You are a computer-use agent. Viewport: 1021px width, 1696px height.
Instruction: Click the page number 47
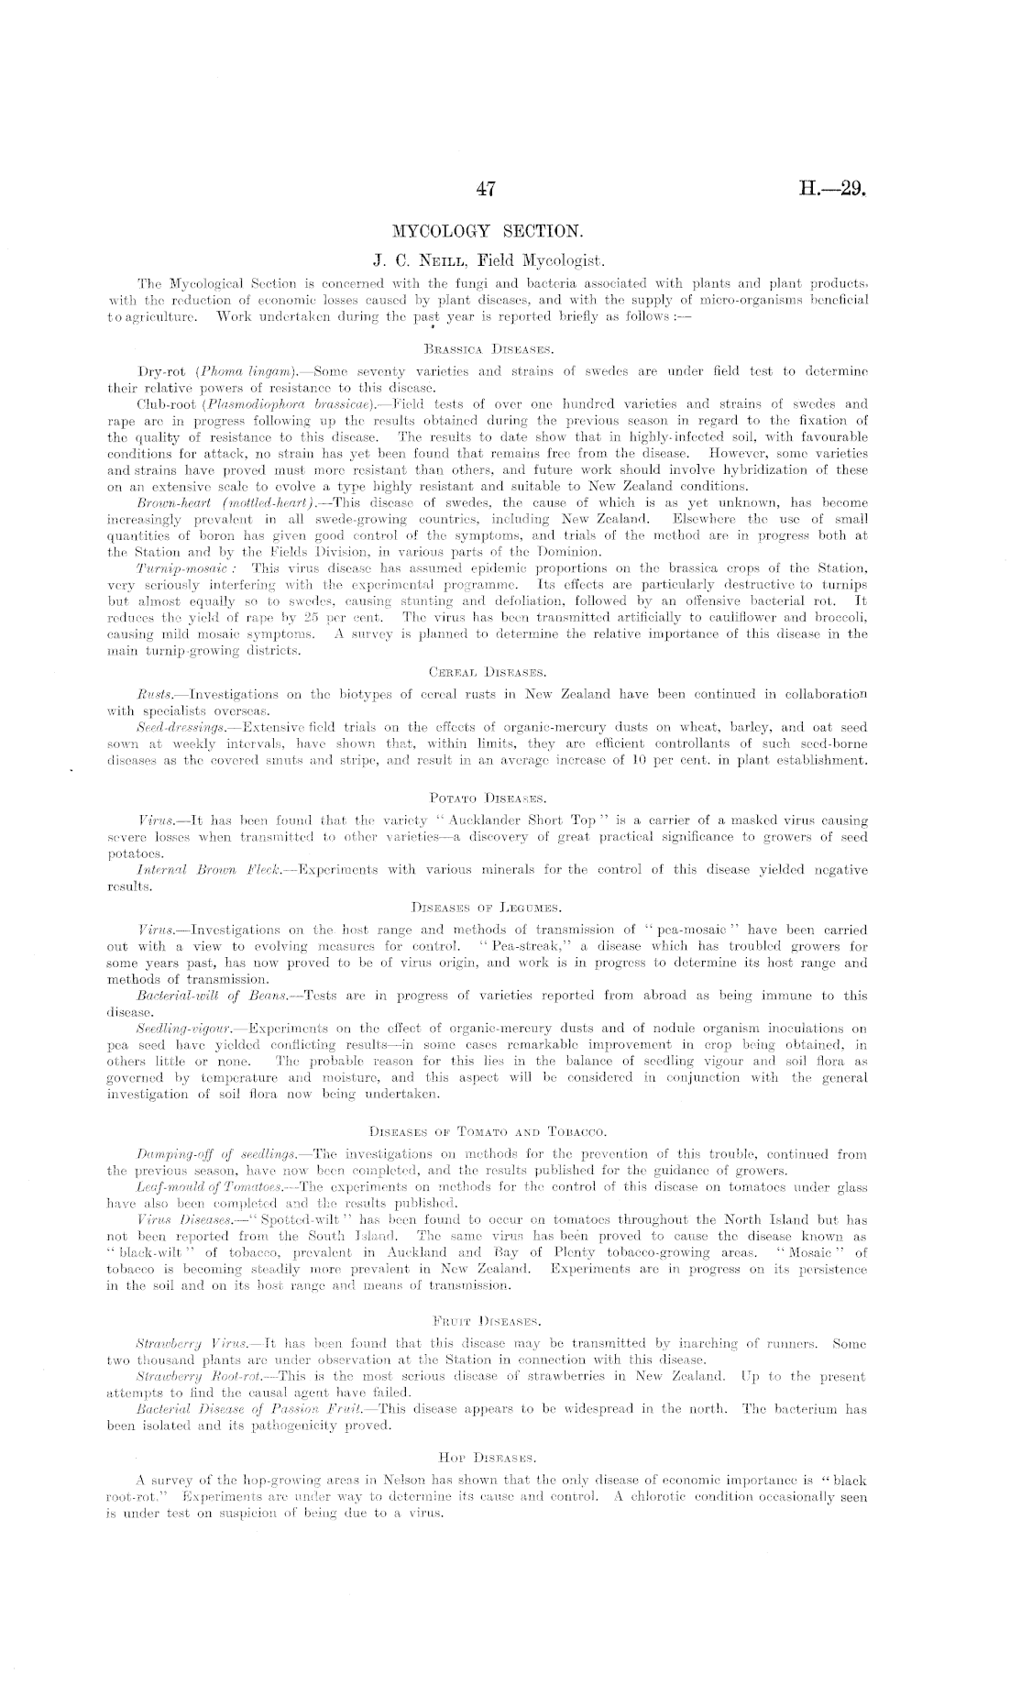point(487,190)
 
